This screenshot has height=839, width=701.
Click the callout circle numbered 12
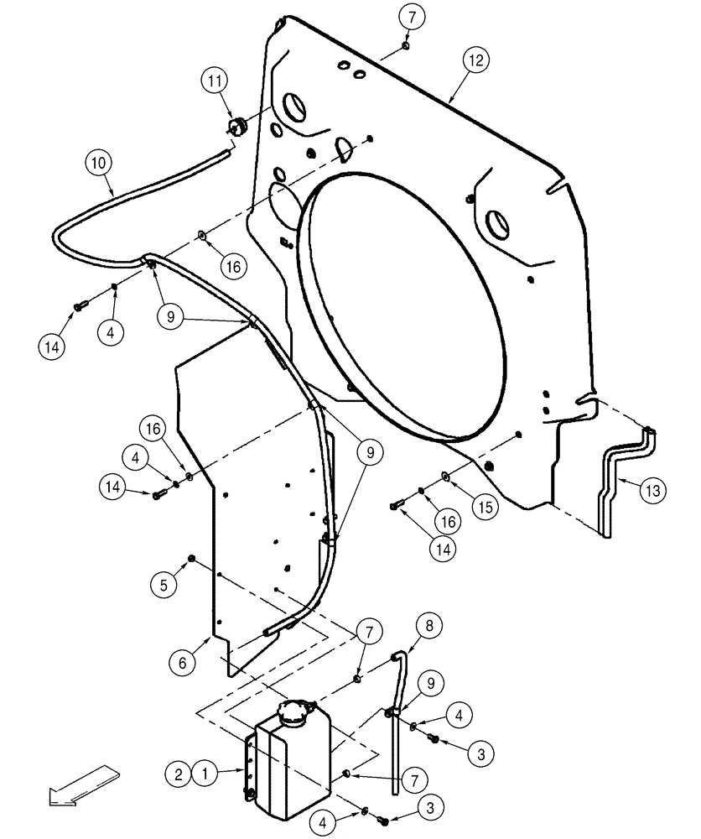(x=477, y=60)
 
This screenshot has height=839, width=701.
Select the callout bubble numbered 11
(x=214, y=81)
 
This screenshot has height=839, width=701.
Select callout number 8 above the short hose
(x=428, y=625)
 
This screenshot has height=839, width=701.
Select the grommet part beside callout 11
(x=236, y=126)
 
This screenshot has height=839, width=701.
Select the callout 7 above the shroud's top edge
(x=405, y=16)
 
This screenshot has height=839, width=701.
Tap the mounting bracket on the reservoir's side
(x=248, y=763)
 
